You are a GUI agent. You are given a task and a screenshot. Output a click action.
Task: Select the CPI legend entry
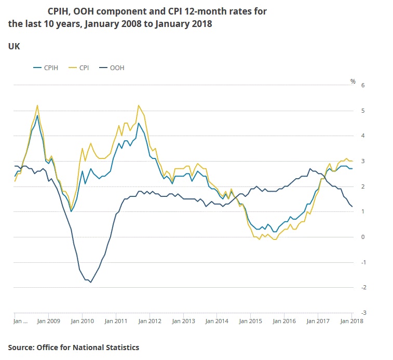click(x=83, y=68)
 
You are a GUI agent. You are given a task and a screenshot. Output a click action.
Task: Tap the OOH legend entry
click(x=117, y=68)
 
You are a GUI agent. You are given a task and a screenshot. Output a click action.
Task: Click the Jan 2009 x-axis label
click(x=48, y=321)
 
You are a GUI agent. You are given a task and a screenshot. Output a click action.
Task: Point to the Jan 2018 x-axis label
click(x=351, y=321)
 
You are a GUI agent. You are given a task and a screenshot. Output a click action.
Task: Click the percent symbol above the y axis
click(x=353, y=81)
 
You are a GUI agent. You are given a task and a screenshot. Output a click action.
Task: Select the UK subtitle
click(x=14, y=46)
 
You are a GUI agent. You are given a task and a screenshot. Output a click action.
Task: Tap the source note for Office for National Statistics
click(x=73, y=347)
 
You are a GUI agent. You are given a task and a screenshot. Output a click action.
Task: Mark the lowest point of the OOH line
click(x=91, y=282)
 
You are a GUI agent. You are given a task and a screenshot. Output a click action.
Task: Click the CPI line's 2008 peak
click(x=37, y=105)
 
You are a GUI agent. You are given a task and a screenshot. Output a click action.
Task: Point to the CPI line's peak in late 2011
click(x=138, y=105)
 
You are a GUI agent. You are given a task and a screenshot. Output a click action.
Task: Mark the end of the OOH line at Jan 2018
click(x=352, y=207)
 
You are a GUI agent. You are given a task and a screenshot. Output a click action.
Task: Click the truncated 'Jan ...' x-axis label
click(x=20, y=321)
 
